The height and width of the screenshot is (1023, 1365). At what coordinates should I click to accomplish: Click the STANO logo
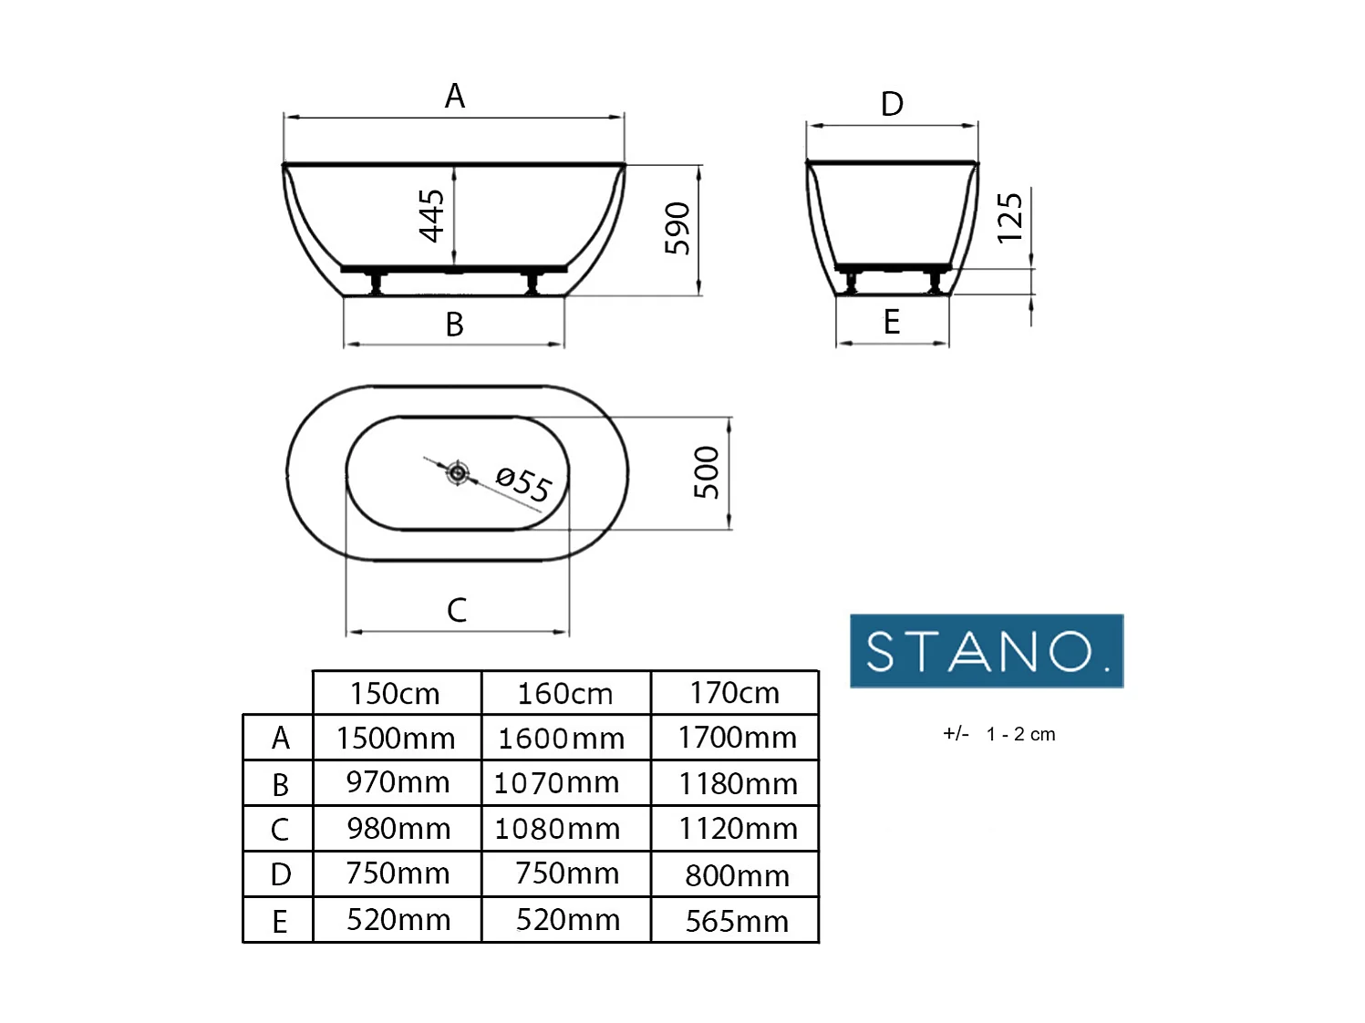(x=986, y=651)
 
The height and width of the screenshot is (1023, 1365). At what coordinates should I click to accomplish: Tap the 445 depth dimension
(x=431, y=216)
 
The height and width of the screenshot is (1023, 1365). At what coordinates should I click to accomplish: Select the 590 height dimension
(x=677, y=228)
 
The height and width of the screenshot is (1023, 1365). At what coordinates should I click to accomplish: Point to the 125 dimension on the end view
(x=1009, y=218)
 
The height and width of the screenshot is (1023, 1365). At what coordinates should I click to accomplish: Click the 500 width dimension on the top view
(x=707, y=472)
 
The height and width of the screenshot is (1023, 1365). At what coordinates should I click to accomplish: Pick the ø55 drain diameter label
(x=523, y=483)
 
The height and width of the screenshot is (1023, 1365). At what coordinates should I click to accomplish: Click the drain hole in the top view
(x=458, y=473)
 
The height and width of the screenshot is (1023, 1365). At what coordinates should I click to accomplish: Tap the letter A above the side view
(x=454, y=96)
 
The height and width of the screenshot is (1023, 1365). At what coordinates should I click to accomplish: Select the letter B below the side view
(x=454, y=325)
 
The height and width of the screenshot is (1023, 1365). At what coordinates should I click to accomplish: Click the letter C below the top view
(x=457, y=610)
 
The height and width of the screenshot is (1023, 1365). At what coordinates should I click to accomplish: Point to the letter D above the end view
(x=892, y=104)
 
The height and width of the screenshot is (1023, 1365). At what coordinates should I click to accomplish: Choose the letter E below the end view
(x=892, y=322)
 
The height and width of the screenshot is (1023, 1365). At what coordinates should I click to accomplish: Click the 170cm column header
(x=735, y=693)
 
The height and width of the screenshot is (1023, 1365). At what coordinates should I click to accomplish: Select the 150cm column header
(x=396, y=694)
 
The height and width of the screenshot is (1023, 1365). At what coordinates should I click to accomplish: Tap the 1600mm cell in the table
(x=562, y=738)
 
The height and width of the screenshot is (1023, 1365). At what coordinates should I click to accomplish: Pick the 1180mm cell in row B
(x=738, y=783)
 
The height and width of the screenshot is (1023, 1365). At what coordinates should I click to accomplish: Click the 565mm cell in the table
(x=737, y=921)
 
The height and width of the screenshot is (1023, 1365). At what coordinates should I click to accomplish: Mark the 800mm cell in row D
(x=737, y=875)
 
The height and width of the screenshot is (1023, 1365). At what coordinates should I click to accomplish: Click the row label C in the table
(x=280, y=830)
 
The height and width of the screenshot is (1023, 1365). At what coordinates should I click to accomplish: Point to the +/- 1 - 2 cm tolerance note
(x=998, y=734)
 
